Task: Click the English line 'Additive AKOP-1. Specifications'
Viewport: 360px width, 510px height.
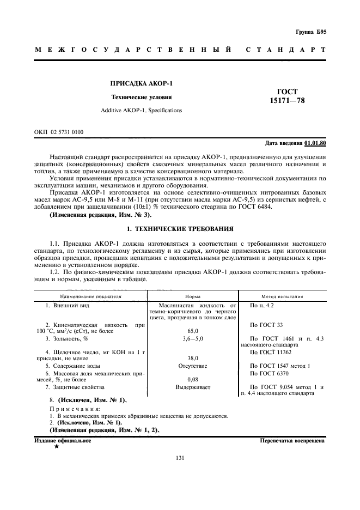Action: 142,110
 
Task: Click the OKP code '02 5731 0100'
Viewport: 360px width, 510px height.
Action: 65,132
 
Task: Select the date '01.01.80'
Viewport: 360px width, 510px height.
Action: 315,143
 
